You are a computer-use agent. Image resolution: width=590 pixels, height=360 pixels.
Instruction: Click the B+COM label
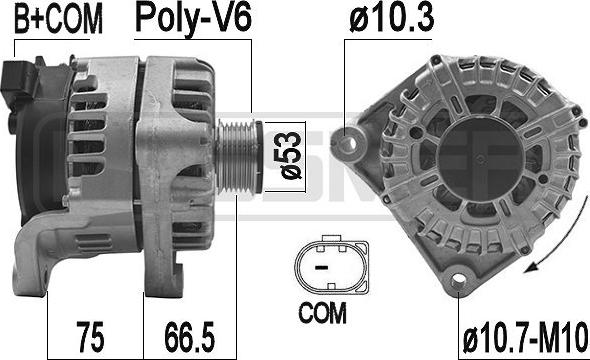tap(58, 20)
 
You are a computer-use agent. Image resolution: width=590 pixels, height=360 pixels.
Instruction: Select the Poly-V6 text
tap(193, 19)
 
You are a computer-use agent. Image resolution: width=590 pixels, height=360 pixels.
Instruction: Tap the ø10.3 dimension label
tap(392, 18)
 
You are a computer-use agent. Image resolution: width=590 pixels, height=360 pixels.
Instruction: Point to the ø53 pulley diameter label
tap(291, 156)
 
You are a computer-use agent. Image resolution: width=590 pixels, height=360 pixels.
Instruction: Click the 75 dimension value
tap(90, 336)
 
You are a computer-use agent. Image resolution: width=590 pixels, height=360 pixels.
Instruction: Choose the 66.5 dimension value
tap(190, 336)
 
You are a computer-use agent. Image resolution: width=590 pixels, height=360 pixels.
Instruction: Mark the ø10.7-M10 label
tap(525, 338)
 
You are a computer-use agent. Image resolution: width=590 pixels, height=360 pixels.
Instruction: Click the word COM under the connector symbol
tap(322, 313)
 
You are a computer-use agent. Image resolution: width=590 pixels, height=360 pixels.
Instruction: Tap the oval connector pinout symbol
tap(331, 266)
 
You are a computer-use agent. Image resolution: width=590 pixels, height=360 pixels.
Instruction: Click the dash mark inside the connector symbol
tap(321, 268)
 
